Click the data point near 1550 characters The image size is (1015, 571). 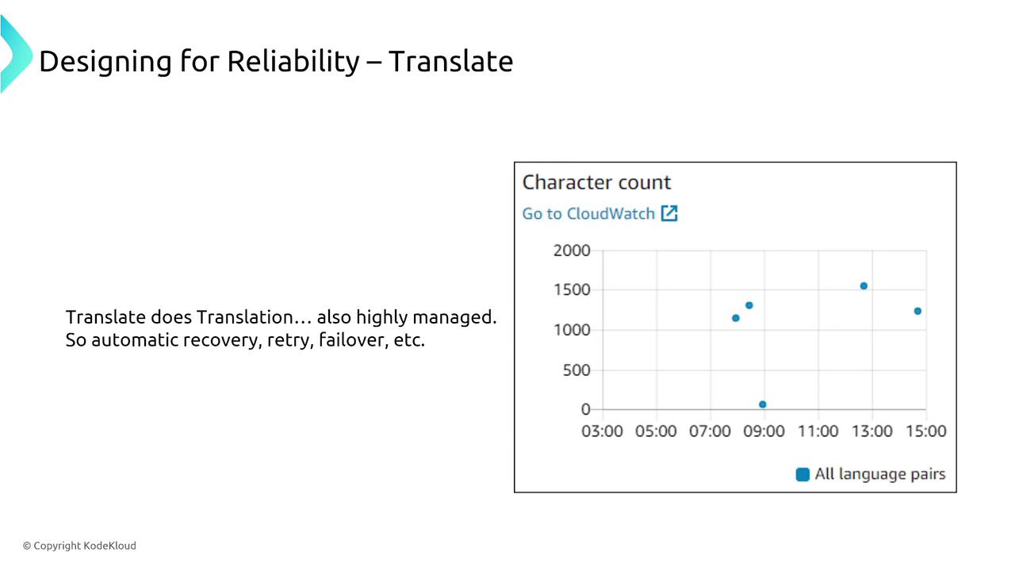point(864,286)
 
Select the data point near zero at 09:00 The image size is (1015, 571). point(763,404)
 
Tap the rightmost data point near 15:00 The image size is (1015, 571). point(917,311)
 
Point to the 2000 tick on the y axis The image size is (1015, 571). point(572,250)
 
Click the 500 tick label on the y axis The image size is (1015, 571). point(576,370)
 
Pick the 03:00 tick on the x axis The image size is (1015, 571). point(602,431)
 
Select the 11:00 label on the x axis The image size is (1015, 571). point(818,431)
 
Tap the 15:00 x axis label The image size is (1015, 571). point(925,431)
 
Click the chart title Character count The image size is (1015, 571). point(596,182)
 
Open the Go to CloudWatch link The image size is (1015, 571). point(588,213)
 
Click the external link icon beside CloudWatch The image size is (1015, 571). point(669,213)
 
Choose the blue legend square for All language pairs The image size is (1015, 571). point(802,474)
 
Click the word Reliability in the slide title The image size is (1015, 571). point(293,61)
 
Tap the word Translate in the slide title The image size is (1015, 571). point(451,61)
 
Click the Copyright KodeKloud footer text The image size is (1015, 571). point(79,546)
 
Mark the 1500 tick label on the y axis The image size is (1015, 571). point(572,289)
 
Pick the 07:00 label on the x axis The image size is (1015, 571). point(710,431)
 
